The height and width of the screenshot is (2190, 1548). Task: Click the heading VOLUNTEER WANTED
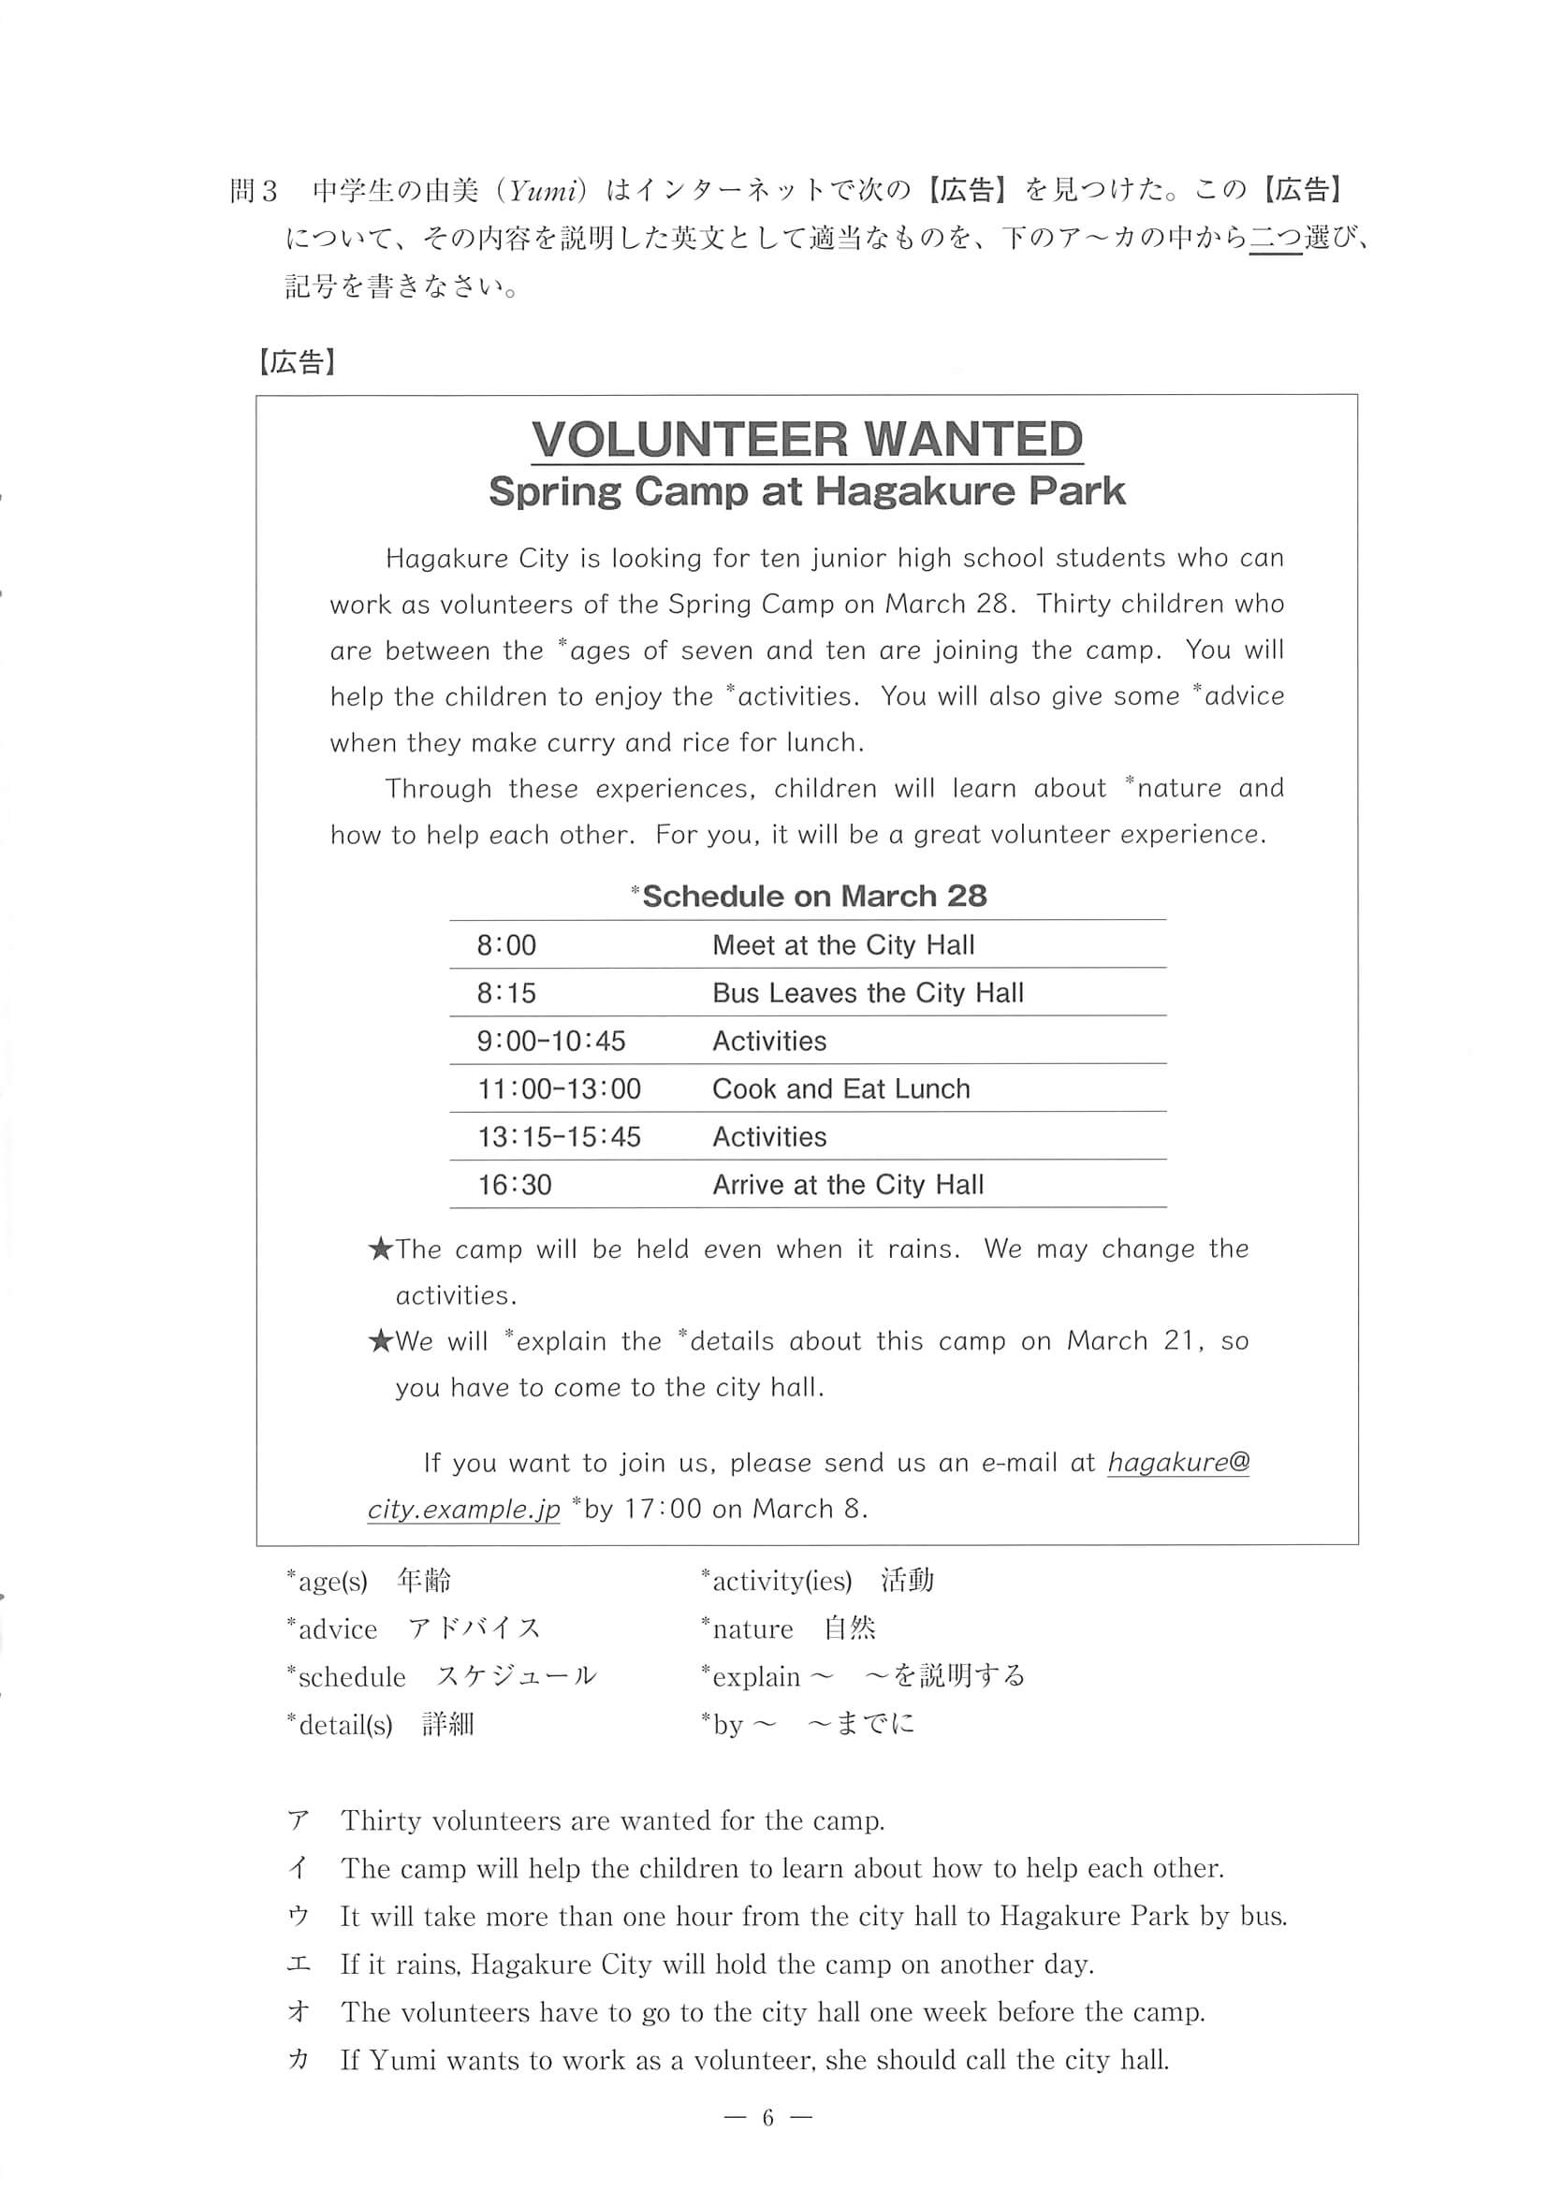(x=807, y=440)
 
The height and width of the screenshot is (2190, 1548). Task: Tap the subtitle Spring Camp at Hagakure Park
(x=807, y=491)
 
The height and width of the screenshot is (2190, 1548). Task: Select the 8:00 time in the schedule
(x=506, y=945)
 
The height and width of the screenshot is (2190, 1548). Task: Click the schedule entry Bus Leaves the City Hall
(x=867, y=993)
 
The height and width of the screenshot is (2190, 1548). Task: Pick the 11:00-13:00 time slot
(x=559, y=1088)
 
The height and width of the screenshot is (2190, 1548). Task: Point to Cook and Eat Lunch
(x=840, y=1088)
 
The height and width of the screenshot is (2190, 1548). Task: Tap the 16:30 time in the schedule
(x=514, y=1185)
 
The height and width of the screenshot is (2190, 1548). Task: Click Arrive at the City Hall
(x=847, y=1185)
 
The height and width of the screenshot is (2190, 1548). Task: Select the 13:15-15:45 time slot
(x=559, y=1137)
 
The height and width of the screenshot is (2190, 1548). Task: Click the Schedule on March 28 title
(x=809, y=896)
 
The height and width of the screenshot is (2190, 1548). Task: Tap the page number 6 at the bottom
(x=767, y=2118)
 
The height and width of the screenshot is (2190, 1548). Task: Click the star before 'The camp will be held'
(x=381, y=1249)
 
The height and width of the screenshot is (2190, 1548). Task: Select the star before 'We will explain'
(x=381, y=1342)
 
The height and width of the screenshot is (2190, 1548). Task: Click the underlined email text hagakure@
(x=1178, y=1462)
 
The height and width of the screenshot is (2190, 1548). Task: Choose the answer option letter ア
(x=298, y=1821)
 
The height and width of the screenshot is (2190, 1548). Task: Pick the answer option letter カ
(x=298, y=2059)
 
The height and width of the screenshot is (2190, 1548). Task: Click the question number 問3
(x=254, y=191)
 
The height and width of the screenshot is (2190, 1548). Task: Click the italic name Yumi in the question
(x=543, y=192)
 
